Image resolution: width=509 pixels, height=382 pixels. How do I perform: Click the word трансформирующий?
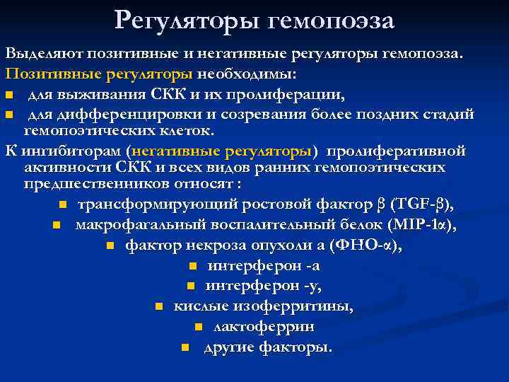158,204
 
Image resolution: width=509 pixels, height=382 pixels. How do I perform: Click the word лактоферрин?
264,327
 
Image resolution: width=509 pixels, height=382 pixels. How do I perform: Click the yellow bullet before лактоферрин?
198,327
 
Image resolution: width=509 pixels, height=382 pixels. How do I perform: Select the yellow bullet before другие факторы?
185,347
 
